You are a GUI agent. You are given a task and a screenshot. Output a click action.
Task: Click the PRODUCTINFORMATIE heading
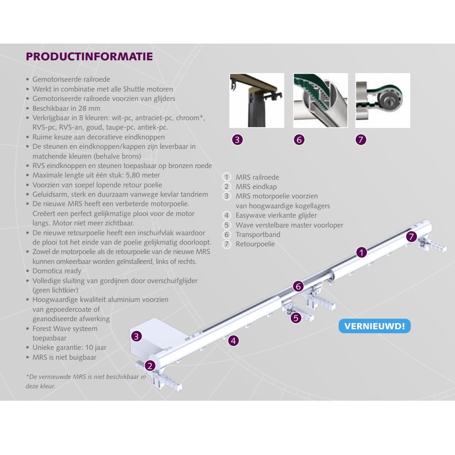(89, 57)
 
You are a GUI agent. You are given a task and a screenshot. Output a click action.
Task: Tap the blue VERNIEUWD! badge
(374, 326)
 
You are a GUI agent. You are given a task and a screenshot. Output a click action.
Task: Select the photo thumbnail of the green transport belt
(320, 100)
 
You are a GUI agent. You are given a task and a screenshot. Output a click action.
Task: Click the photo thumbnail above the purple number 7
(382, 100)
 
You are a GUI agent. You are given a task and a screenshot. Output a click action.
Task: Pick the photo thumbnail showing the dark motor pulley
(257, 100)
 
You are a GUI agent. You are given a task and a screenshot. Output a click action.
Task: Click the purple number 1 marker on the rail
(362, 252)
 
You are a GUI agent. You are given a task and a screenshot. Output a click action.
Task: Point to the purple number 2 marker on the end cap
(150, 366)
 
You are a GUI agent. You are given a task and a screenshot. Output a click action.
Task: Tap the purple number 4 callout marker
(233, 340)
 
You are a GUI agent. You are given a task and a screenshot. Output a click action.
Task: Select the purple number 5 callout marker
(295, 318)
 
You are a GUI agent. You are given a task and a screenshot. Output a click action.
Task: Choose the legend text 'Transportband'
(258, 234)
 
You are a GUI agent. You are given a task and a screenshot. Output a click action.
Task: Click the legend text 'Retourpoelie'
(255, 244)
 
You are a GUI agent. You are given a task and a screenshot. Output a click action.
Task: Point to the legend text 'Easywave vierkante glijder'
(276, 216)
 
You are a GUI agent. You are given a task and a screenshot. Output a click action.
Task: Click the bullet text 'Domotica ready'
(56, 271)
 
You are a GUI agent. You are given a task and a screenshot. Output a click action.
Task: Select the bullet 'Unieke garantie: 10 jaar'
(69, 348)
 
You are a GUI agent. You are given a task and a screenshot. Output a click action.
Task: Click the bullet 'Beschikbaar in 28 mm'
(66, 108)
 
